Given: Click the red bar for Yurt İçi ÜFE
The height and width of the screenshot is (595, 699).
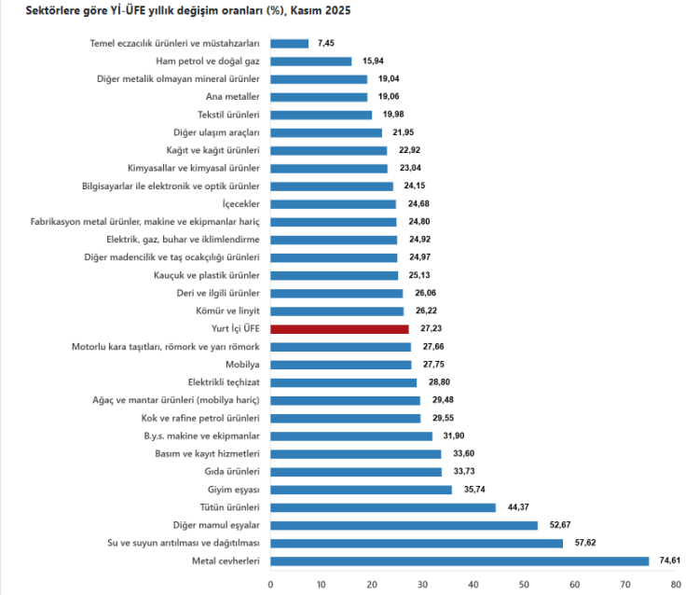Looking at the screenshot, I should coord(339,329).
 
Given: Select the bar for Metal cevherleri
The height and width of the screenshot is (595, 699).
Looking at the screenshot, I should coord(459,561).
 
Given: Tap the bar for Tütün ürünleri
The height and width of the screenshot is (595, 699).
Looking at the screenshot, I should coord(383,507).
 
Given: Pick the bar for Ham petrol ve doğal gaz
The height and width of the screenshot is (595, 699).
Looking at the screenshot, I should coord(310,62).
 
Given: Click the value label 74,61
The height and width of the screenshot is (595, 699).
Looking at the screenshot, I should coord(670,561).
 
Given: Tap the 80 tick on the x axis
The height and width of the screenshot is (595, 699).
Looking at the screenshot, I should coord(675,585).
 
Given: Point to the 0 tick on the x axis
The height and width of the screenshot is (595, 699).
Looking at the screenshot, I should coord(270,585).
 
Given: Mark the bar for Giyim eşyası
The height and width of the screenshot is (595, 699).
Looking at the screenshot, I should coord(361,490).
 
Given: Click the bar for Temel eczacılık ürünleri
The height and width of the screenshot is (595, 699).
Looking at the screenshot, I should coord(289,44).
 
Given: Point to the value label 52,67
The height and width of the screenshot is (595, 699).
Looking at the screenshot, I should coord(559,525).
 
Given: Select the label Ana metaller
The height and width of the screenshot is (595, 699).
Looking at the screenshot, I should coord(232,97).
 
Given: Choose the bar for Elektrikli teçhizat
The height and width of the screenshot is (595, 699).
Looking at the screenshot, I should coord(343,382).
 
